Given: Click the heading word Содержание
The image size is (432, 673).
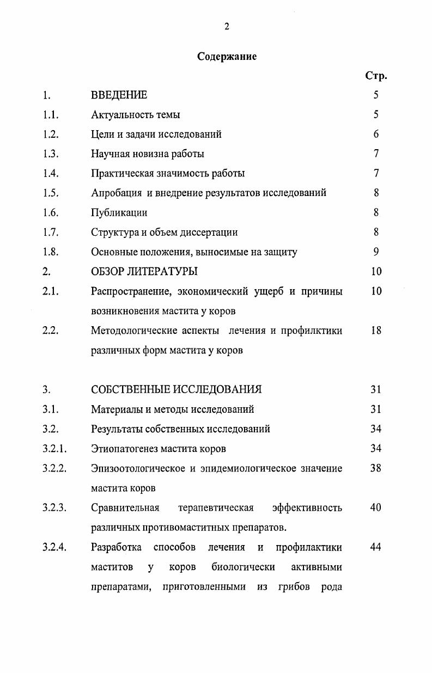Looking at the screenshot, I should click(x=227, y=56).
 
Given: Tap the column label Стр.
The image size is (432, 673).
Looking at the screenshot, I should click(x=376, y=76).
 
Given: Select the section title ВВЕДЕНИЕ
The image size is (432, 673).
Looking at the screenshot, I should click(x=119, y=95).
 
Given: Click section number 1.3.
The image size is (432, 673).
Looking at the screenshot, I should click(x=51, y=154).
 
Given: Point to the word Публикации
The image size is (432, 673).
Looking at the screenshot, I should click(x=119, y=213).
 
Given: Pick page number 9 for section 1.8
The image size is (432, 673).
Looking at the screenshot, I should click(x=376, y=252).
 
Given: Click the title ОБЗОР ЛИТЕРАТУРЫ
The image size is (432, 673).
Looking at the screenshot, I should click(x=144, y=271).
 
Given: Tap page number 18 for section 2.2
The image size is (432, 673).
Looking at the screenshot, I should click(x=376, y=331).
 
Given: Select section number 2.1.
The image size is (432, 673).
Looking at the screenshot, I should click(x=51, y=291).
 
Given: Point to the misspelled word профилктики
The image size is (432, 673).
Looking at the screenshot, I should click(x=311, y=331).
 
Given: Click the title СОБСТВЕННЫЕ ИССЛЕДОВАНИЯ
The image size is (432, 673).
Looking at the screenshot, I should click(x=177, y=389).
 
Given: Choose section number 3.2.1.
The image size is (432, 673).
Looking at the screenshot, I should click(x=54, y=449).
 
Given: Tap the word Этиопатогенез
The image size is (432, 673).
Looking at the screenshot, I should click(x=124, y=449).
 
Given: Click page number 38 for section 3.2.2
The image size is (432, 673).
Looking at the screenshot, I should click(x=376, y=468).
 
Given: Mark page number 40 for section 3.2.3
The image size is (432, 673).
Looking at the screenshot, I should click(x=376, y=508).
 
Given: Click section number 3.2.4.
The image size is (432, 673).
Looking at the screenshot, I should click(x=54, y=547).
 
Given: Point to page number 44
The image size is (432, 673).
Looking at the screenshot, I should click(x=376, y=547).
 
